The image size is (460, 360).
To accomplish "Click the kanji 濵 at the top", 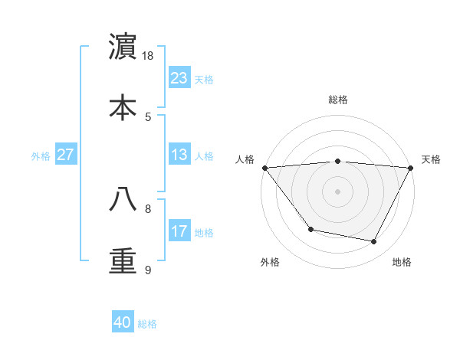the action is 123,47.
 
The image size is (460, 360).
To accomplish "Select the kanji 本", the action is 123,107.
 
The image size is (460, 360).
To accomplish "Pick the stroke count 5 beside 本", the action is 148,116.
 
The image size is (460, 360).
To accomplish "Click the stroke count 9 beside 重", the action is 148,270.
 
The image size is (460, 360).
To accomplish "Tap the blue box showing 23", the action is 179,78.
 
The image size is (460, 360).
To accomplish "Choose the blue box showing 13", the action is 179,155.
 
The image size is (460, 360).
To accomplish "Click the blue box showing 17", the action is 179,231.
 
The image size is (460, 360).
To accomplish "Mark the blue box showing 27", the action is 66,155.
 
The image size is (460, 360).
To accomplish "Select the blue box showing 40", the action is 123,322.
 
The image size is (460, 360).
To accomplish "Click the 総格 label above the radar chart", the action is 338,100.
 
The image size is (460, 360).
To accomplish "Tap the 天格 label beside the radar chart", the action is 431,159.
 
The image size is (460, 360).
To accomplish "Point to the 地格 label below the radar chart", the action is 402,262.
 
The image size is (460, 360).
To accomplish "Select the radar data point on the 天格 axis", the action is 411,167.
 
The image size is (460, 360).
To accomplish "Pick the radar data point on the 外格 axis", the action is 310,229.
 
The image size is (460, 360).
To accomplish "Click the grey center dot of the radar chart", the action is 338,191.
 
